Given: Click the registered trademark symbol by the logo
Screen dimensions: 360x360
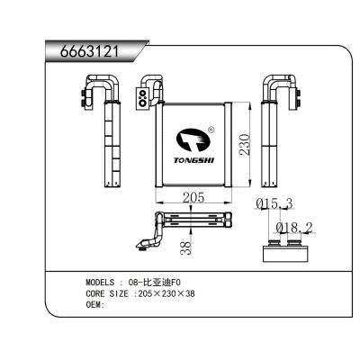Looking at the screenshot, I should pos(211,130).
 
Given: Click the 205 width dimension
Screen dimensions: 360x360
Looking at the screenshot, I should pos(193,197).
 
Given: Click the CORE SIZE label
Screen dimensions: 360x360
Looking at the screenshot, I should pos(107,293).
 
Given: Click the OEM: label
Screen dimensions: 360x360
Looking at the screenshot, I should pos(96,305).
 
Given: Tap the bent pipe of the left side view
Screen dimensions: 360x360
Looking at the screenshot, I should pos(97,87).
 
